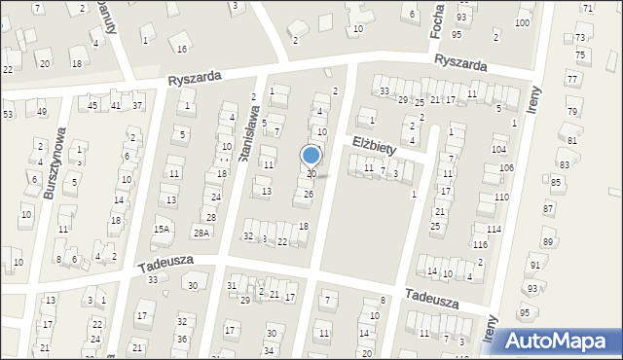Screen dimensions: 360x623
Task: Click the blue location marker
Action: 311,156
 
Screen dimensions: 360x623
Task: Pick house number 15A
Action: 162,229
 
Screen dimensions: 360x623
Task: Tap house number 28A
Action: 201,233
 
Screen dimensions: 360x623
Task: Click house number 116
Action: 480,244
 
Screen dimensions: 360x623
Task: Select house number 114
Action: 495,229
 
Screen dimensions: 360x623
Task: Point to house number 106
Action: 506,168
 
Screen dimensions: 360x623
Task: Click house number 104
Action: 499,149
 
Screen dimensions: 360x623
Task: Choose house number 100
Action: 523,22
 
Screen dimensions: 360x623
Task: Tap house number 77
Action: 571,79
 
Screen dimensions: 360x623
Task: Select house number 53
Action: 8,115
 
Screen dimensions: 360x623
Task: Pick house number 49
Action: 42,111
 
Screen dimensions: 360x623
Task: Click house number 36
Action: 183,339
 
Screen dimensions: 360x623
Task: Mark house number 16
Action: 181,49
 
